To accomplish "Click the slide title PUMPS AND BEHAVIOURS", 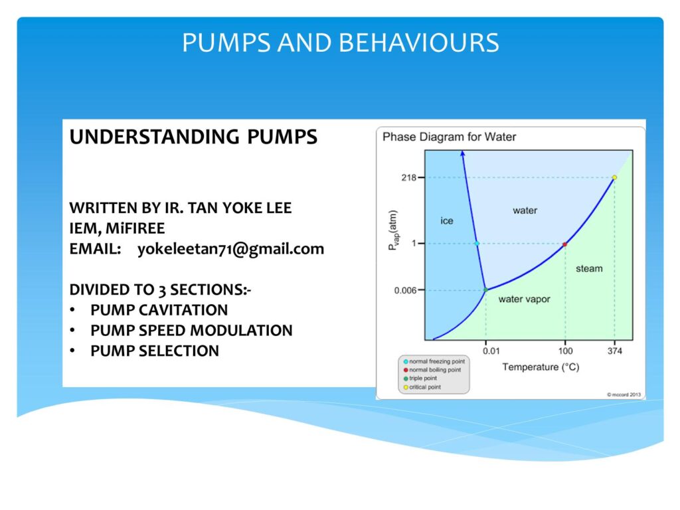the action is pyautogui.click(x=341, y=42).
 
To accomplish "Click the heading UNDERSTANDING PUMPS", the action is pyautogui.click(x=193, y=137).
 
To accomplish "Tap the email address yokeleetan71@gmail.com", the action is pyautogui.click(x=230, y=249).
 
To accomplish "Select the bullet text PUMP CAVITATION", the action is pyautogui.click(x=159, y=310).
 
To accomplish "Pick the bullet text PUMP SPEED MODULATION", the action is pyautogui.click(x=192, y=331).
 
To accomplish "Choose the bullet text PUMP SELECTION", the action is pyautogui.click(x=155, y=351).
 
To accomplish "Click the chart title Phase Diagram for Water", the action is pyautogui.click(x=450, y=137).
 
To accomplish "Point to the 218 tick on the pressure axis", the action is pyautogui.click(x=409, y=177).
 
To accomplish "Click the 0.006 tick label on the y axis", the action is pyautogui.click(x=406, y=290).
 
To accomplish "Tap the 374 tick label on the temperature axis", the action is pyautogui.click(x=614, y=351).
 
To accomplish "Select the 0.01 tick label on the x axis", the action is pyautogui.click(x=491, y=351).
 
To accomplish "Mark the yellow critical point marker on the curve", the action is pyautogui.click(x=614, y=177).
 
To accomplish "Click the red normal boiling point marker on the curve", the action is pyautogui.click(x=564, y=244).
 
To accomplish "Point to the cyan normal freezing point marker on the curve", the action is pyautogui.click(x=477, y=244).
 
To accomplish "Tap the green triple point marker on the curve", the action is pyautogui.click(x=485, y=290).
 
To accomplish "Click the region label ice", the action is pyautogui.click(x=447, y=220).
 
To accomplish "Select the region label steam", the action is pyautogui.click(x=589, y=269).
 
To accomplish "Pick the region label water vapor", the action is pyautogui.click(x=524, y=299).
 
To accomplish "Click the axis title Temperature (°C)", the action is pyautogui.click(x=541, y=367).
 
